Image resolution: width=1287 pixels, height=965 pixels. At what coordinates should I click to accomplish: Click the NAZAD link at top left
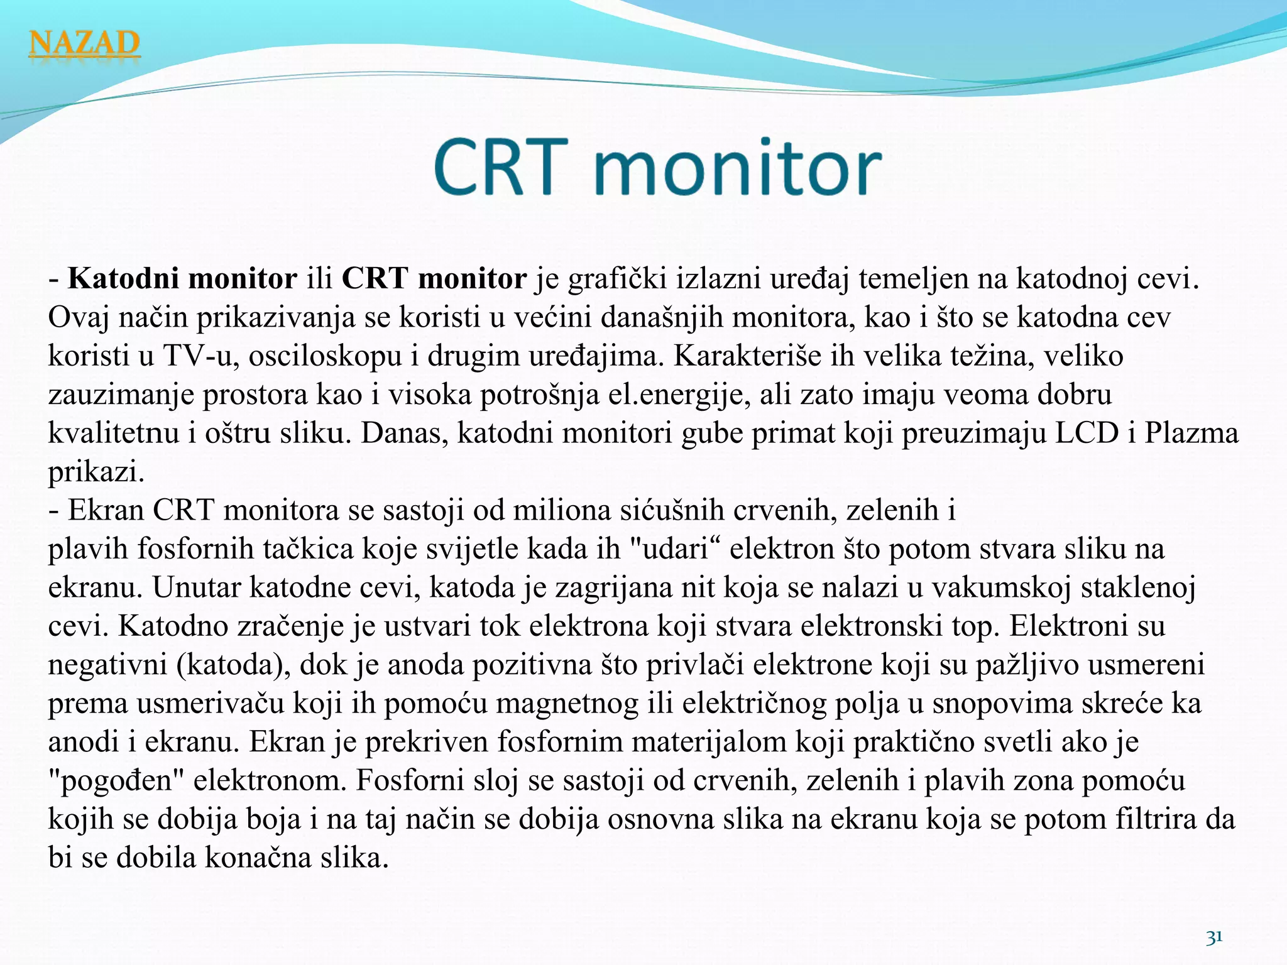point(84,44)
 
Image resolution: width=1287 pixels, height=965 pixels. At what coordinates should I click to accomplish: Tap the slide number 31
point(1214,937)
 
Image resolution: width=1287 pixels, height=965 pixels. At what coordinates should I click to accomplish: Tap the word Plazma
point(1191,433)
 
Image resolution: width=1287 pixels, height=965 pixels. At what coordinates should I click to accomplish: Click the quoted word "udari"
point(675,549)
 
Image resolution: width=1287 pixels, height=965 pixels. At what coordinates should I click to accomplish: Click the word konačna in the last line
point(258,858)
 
